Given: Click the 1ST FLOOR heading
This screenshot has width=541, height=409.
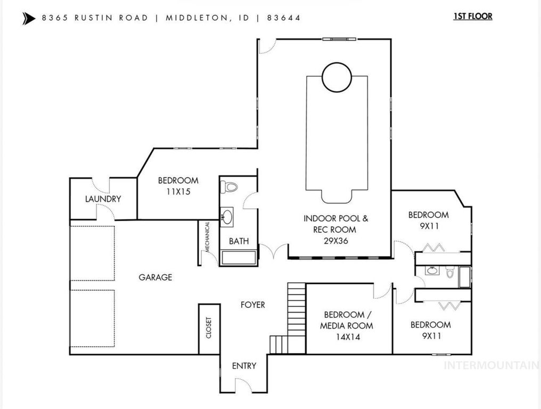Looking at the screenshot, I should [472, 16].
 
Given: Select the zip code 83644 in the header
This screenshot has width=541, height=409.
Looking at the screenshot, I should [284, 18].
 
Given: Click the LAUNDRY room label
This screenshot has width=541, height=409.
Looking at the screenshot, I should [103, 199].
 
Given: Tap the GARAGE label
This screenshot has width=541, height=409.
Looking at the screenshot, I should [155, 277].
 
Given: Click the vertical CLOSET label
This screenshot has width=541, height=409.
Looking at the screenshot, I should [208, 328].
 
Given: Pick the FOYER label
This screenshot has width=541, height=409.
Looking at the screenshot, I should [252, 305].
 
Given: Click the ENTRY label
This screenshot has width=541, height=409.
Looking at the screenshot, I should [244, 366].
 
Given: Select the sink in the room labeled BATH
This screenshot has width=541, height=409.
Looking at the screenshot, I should [228, 217].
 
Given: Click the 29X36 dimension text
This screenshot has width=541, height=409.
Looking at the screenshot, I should [335, 240].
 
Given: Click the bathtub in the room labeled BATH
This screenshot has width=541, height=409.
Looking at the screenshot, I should [237, 258].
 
